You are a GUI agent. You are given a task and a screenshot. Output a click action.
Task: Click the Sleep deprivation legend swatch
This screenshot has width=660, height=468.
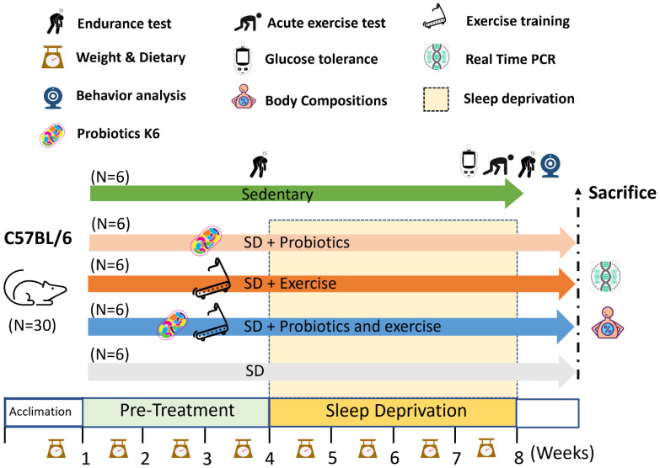point(435,98)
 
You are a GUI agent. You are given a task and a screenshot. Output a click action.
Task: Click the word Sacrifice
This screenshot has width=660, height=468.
point(622,193)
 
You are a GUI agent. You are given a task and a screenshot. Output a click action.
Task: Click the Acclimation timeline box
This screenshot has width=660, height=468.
point(44,412)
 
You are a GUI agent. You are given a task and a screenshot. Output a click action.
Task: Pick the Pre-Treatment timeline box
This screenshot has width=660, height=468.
point(175,412)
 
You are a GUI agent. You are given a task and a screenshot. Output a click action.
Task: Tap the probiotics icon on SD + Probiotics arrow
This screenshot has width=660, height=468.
point(207,242)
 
